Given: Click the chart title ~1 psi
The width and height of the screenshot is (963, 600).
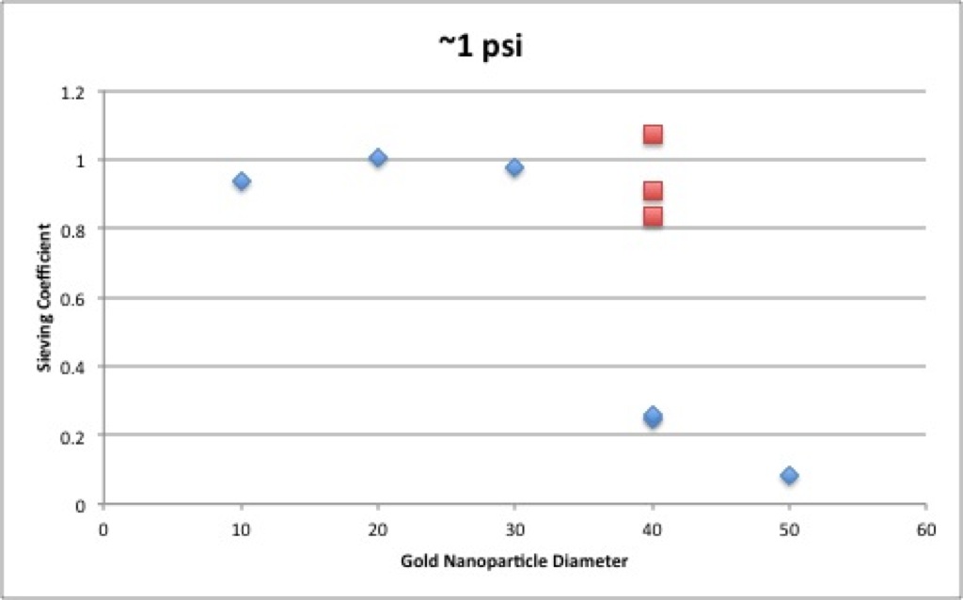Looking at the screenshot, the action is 481,47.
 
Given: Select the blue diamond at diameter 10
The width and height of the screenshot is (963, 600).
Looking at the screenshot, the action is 242,182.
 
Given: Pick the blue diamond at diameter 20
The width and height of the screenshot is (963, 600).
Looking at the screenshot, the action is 378,158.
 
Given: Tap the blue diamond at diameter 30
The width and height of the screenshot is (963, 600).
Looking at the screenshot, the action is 514,167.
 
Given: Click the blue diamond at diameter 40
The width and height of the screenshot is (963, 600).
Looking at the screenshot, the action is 653,417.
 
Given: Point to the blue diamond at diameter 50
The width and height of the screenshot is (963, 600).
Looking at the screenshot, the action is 790,475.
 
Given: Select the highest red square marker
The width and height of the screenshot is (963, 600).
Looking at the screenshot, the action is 653,134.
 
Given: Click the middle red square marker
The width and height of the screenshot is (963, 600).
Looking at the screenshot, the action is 653,191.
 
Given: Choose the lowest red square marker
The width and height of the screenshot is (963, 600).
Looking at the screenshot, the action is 653,216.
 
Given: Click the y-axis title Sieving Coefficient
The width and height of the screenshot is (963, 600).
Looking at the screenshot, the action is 44,297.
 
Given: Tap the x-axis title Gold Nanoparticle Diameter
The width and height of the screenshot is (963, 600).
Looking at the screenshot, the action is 514,561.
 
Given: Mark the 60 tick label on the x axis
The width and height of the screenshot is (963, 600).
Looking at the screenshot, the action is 926,529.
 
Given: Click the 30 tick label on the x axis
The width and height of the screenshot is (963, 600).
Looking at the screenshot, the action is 514,529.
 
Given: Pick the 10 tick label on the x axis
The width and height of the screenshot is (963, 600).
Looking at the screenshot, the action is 242,529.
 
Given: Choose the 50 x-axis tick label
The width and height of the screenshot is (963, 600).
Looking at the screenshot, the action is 790,529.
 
